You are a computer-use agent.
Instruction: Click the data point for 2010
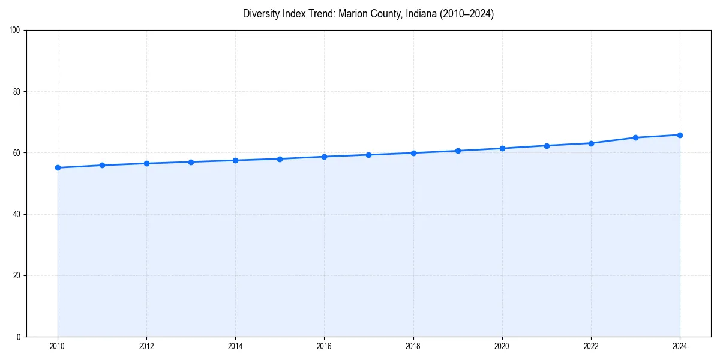coord(58,167)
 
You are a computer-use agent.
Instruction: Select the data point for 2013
coord(191,162)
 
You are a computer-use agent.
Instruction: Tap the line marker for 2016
coord(324,157)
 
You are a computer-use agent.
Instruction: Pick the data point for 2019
coord(458,151)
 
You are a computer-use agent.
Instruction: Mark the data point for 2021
coord(547,146)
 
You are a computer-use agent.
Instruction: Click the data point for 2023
coord(635,137)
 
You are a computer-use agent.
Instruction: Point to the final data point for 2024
coord(680,135)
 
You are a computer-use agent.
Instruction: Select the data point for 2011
coord(102,165)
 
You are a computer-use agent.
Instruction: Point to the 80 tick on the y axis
coord(17,92)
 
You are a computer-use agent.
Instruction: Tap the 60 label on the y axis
coord(17,153)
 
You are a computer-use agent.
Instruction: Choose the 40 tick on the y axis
coord(17,214)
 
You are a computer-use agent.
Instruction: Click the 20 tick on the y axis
coord(17,275)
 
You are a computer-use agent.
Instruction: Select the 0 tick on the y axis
coord(19,337)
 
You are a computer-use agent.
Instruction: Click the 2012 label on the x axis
coord(146,346)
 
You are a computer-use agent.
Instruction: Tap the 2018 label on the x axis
coord(413,346)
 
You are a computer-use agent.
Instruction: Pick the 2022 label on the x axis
coord(591,346)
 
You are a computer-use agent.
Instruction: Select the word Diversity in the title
coord(261,14)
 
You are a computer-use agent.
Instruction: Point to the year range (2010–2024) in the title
coord(467,14)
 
